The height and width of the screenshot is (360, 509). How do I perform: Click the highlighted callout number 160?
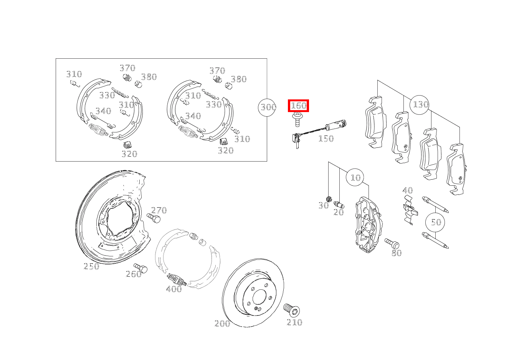(x=298, y=106)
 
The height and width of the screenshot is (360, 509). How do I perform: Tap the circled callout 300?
(x=268, y=107)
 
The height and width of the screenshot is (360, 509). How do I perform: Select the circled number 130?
(x=420, y=104)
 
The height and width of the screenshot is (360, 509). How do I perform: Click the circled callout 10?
(x=355, y=177)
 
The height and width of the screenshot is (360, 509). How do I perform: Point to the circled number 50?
(x=436, y=222)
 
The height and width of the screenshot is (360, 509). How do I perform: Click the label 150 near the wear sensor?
(x=326, y=139)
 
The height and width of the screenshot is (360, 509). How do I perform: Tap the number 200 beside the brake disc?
(x=222, y=324)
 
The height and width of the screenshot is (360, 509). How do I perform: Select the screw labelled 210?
(x=292, y=309)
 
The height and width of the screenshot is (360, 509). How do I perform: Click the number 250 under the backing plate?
(x=91, y=266)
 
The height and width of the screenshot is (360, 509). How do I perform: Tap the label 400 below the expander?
(x=174, y=289)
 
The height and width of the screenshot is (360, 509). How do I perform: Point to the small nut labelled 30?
(x=329, y=198)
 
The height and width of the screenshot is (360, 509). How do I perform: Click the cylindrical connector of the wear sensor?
(x=335, y=125)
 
